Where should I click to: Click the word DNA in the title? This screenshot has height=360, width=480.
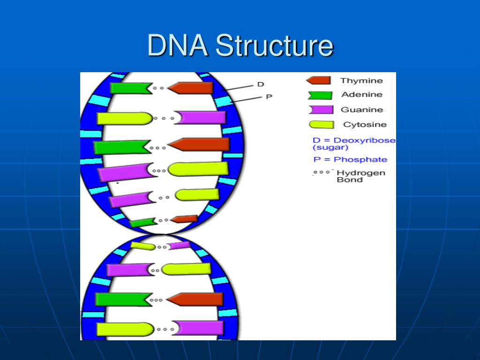(x=178, y=46)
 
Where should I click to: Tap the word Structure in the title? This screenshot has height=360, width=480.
(x=274, y=46)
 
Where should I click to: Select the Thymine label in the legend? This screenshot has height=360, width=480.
(x=361, y=81)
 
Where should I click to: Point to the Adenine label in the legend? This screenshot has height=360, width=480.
(x=361, y=95)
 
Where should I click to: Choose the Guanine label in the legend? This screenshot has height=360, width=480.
(x=361, y=110)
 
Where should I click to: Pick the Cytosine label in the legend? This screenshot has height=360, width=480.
(x=365, y=125)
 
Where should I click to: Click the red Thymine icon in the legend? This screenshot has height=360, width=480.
(x=318, y=81)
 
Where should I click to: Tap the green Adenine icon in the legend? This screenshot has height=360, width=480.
(x=320, y=95)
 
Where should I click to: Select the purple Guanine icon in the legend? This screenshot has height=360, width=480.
(x=321, y=110)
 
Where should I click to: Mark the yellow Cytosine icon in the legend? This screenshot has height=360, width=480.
(x=321, y=125)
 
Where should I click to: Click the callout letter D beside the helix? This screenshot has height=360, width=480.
(x=261, y=84)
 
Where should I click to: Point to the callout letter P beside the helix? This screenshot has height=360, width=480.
(x=269, y=97)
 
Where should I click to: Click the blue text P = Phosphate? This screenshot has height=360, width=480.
(x=350, y=159)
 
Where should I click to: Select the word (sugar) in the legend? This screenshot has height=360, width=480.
(x=330, y=148)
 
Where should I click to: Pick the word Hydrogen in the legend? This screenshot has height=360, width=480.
(x=361, y=172)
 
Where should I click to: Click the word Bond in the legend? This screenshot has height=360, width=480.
(x=350, y=180)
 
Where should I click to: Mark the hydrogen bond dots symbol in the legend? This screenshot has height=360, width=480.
(x=322, y=172)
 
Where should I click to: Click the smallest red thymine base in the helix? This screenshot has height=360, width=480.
(x=184, y=219)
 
